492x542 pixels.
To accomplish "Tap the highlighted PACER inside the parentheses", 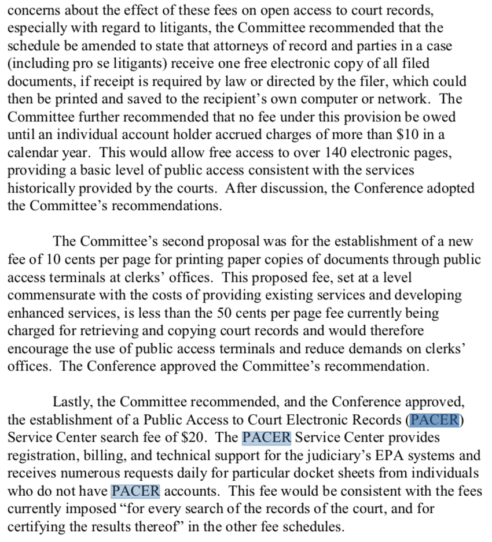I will tap(434, 420).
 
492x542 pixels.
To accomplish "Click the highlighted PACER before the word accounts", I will tap(135, 491).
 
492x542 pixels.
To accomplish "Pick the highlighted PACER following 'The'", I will tap(266, 437).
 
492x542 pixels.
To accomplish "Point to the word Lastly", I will tap(72, 402).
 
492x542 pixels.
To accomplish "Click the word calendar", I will tap(32, 153).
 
